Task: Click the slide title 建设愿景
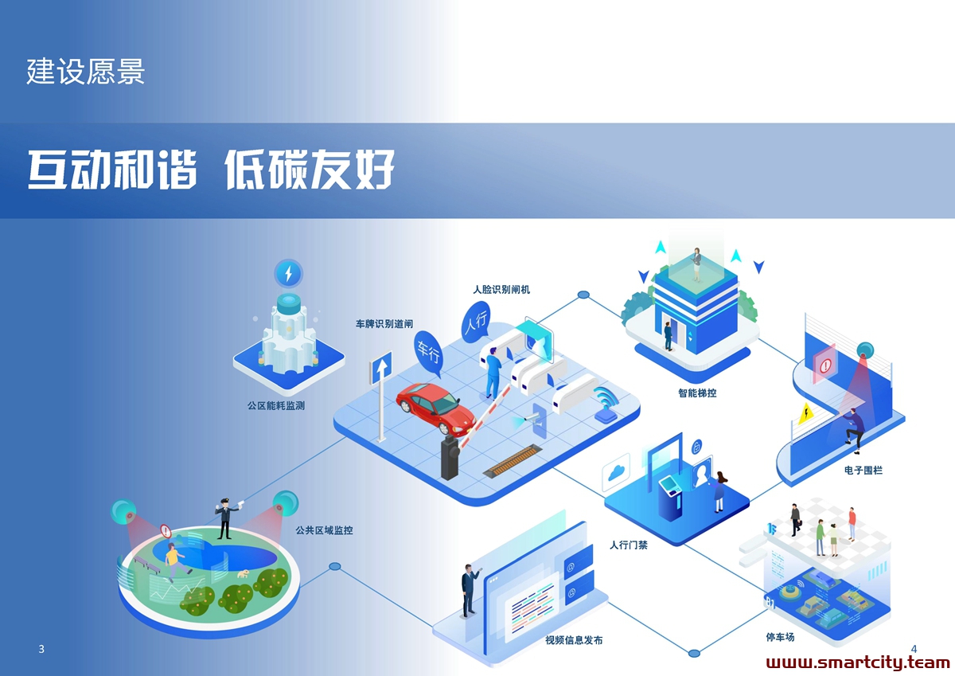tap(86, 71)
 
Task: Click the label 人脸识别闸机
tap(501, 290)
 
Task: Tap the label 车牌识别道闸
tap(384, 324)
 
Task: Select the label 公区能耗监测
tap(276, 405)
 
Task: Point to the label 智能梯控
tap(697, 393)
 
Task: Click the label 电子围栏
tap(863, 470)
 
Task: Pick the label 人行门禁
tap(629, 545)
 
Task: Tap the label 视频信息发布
tap(574, 639)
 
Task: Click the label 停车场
tap(780, 637)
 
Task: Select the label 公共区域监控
tap(325, 530)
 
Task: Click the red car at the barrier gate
tap(436, 408)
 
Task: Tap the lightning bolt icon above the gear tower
tap(289, 273)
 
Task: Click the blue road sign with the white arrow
tap(381, 368)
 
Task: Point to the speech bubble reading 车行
tap(428, 354)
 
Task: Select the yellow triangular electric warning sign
tap(805, 414)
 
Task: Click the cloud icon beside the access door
tap(616, 472)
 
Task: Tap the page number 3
tap(41, 649)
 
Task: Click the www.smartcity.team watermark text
tap(858, 662)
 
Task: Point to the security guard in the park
tap(226, 518)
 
